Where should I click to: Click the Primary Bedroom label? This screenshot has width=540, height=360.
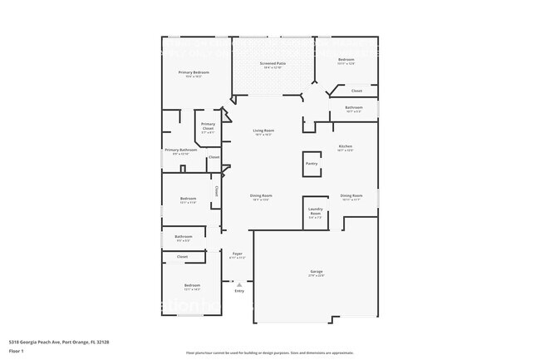(194, 72)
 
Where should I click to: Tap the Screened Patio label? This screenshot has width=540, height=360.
(272, 63)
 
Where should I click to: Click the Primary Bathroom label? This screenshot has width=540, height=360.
(180, 150)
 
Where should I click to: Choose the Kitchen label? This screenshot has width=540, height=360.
(345, 146)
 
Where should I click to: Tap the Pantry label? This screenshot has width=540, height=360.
(312, 164)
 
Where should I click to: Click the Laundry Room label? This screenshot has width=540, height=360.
(315, 211)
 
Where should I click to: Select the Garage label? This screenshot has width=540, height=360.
(317, 271)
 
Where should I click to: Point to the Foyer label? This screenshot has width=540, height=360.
(237, 254)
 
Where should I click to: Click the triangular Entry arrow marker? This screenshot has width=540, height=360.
(239, 284)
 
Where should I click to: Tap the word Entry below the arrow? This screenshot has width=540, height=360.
(239, 291)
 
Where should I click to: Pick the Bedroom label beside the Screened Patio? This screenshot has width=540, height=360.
(346, 60)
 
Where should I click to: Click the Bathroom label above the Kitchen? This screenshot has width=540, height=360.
(354, 107)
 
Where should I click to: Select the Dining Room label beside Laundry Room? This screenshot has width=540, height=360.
(351, 195)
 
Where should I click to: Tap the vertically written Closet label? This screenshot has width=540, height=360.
(217, 190)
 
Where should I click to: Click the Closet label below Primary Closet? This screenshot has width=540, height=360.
(214, 157)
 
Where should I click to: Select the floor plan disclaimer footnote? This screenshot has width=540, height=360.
(269, 353)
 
